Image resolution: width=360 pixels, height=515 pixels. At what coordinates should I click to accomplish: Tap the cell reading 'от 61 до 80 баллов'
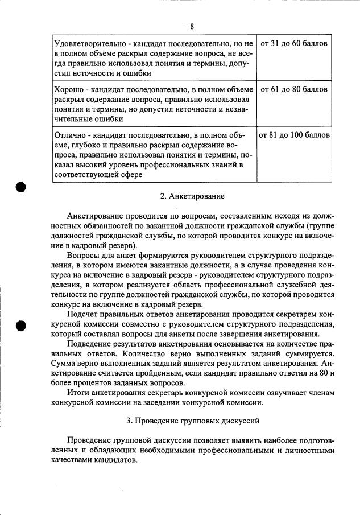(x=294, y=89)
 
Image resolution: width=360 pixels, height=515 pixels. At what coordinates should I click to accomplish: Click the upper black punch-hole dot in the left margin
(x=22, y=187)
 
